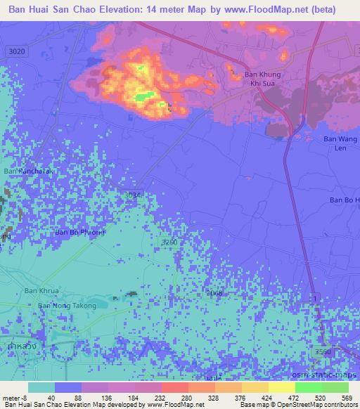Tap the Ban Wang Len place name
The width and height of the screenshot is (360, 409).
click(x=337, y=143)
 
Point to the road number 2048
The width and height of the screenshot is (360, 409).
click(x=215, y=292)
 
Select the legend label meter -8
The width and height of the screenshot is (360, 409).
click(x=14, y=397)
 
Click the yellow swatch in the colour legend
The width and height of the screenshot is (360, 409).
click(x=281, y=387)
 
